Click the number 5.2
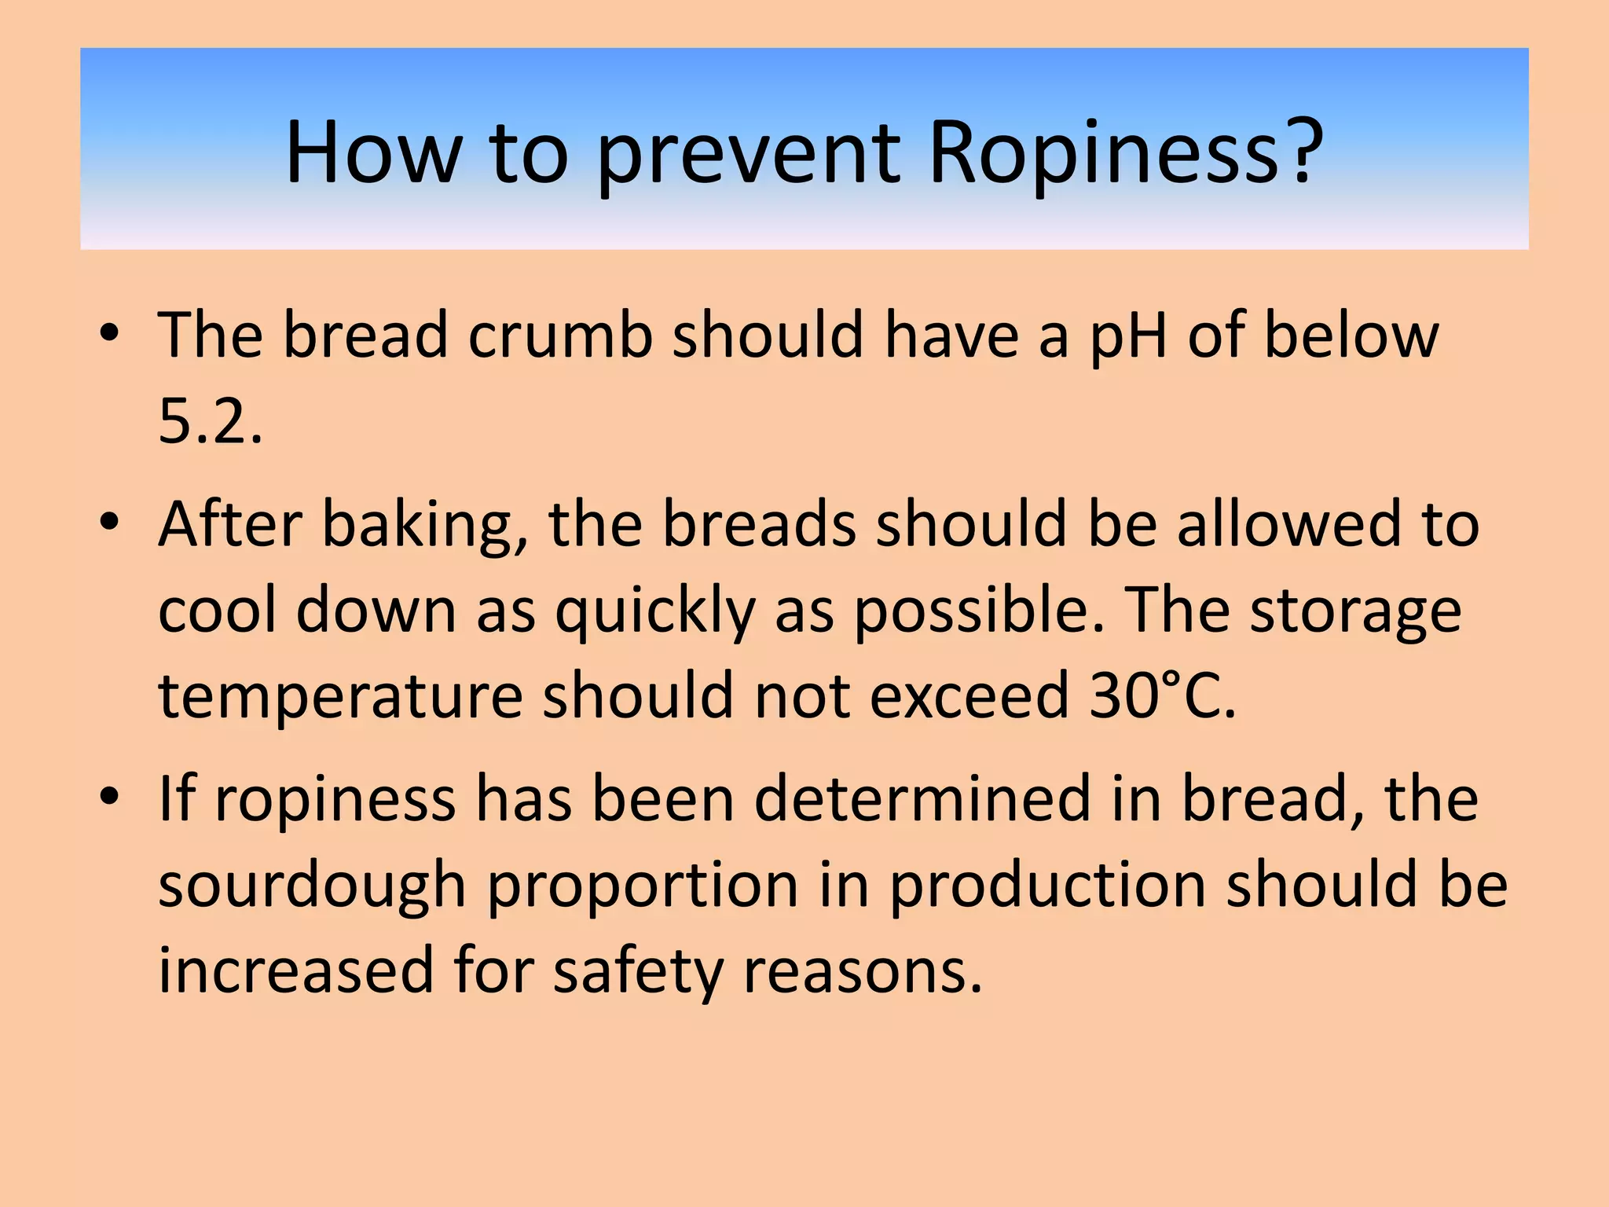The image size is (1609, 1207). (x=210, y=421)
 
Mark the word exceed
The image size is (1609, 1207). (x=969, y=695)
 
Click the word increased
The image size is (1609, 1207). (x=296, y=971)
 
